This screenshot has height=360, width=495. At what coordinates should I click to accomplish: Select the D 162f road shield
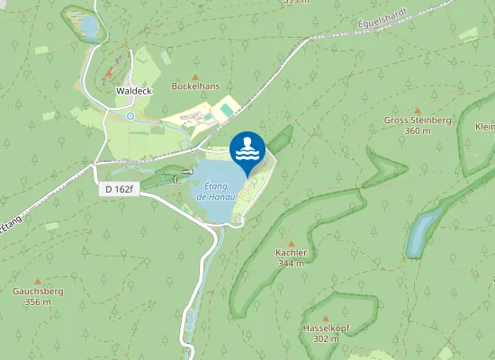click(117, 189)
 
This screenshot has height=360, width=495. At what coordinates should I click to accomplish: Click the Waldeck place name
click(133, 91)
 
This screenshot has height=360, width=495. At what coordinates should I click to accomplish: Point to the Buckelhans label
click(196, 90)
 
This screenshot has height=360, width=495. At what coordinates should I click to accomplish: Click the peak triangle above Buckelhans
click(196, 78)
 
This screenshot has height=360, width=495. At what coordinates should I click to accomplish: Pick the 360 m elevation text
click(417, 131)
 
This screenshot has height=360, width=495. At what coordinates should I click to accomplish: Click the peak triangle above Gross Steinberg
click(417, 110)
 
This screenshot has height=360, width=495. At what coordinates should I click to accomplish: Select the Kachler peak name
click(292, 253)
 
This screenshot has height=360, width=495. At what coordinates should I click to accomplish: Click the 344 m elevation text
click(292, 264)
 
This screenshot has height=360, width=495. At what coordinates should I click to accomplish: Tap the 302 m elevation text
click(324, 338)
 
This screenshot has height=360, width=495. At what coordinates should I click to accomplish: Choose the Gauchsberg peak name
click(37, 292)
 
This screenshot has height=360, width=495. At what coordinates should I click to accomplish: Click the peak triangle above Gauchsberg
click(37, 281)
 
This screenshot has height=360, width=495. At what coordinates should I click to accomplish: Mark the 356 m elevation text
click(37, 302)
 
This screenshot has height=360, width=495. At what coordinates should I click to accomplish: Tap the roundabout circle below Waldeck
click(130, 115)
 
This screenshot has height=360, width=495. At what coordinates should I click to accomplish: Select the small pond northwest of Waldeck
click(89, 29)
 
